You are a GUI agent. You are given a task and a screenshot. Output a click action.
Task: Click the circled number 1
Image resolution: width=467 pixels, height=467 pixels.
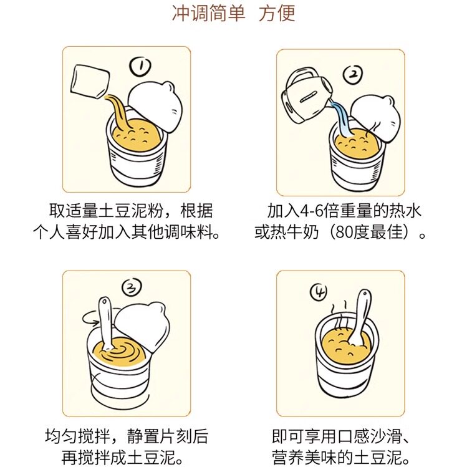[x=141, y=66]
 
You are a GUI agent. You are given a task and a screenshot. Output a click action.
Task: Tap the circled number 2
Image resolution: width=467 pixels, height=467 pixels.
[x=353, y=75]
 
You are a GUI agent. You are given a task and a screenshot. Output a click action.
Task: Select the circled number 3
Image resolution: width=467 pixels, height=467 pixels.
[x=132, y=287]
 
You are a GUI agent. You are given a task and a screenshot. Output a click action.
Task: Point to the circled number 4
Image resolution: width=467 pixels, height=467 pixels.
[x=319, y=292]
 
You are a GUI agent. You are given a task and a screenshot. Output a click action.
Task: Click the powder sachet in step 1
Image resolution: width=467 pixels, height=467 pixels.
[x=90, y=81]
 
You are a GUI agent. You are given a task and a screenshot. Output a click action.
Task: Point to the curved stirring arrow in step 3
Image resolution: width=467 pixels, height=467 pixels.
[x=92, y=317]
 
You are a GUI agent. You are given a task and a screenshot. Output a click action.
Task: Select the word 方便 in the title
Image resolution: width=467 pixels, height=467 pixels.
[x=277, y=13]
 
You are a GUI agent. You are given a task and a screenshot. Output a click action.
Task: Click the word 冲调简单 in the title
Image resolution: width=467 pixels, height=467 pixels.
[x=209, y=13]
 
